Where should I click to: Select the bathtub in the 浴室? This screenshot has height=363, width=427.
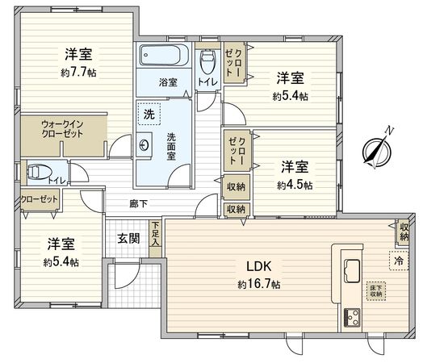[163, 56]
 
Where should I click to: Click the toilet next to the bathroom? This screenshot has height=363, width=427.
[207, 62]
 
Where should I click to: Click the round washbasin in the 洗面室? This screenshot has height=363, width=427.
[144, 146]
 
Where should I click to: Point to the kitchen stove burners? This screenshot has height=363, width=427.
[354, 317]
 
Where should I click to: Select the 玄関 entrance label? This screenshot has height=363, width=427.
[128, 239]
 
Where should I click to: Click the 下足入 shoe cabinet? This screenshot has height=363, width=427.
[155, 241]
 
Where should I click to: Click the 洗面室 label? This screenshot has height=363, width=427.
[171, 147]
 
